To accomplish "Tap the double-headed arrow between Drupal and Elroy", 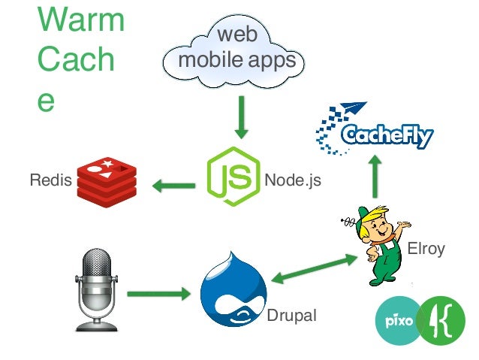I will click(x=315, y=268).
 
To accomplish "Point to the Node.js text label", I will click(x=292, y=181).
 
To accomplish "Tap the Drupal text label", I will click(x=291, y=317).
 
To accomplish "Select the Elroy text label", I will click(x=425, y=249).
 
